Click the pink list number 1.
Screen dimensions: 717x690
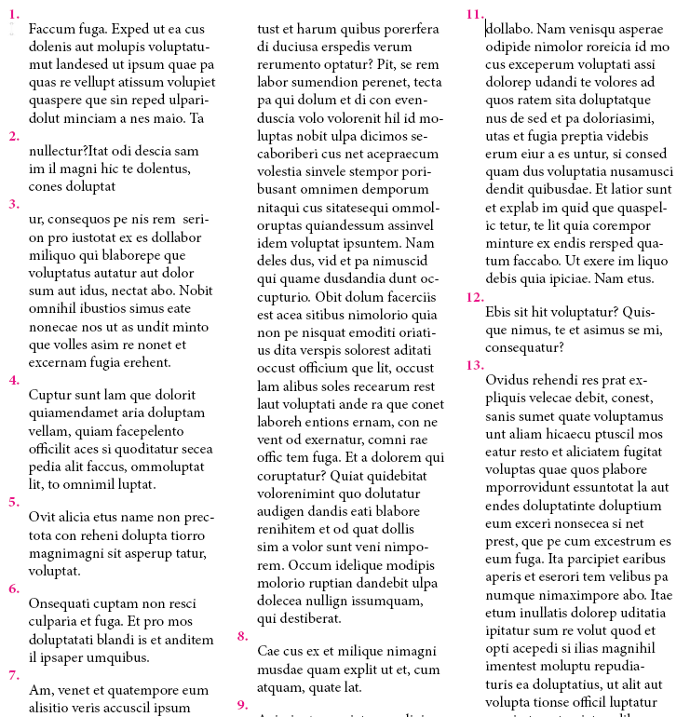click(x=13, y=16)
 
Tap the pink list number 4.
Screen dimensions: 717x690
click(x=13, y=380)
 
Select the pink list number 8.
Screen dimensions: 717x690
click(x=242, y=637)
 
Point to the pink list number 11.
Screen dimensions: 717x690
click(x=475, y=15)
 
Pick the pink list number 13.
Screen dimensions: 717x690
click(x=475, y=365)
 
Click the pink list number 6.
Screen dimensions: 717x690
click(x=13, y=588)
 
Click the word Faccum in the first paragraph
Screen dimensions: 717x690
click(x=52, y=31)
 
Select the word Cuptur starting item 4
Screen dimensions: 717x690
click(x=51, y=396)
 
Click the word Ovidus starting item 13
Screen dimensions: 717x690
click(x=507, y=381)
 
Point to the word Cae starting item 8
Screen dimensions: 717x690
click(x=269, y=653)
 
